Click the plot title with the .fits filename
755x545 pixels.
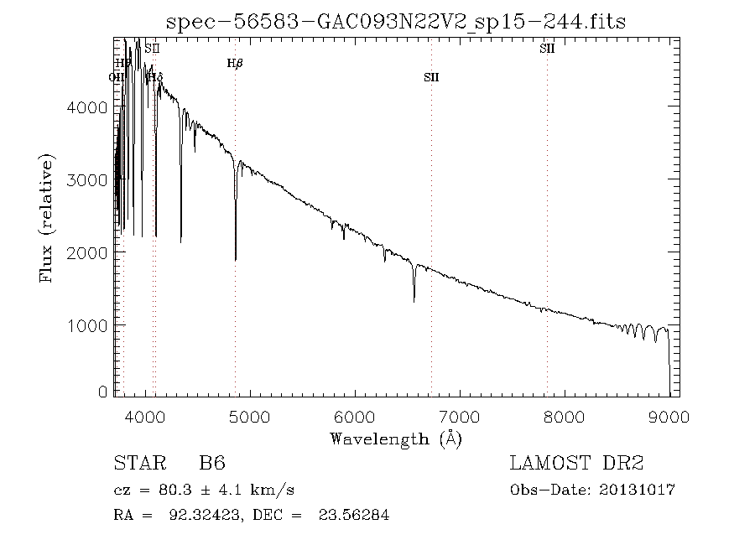click(396, 22)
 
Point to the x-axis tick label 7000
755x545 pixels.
click(460, 418)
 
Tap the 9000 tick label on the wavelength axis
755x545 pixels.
click(669, 418)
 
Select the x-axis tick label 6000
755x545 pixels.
click(355, 418)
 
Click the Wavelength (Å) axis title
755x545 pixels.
click(396, 439)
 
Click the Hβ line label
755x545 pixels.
click(235, 63)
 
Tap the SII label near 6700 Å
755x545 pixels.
click(431, 77)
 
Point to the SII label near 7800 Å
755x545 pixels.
click(547, 49)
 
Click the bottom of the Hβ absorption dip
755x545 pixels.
click(236, 260)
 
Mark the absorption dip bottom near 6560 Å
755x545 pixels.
click(414, 300)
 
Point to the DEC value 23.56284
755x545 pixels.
click(353, 515)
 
